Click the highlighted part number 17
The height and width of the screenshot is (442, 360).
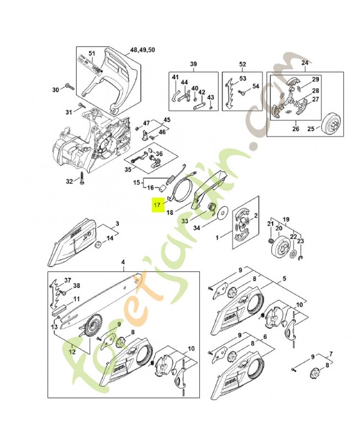(157, 204)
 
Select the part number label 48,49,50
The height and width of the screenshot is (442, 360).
(142, 50)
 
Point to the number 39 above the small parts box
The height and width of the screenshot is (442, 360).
(194, 64)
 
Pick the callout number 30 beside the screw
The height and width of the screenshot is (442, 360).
(55, 90)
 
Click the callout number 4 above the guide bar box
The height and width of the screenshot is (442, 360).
(123, 262)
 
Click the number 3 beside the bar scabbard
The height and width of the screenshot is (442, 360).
(117, 224)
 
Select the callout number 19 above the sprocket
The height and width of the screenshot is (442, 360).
(286, 219)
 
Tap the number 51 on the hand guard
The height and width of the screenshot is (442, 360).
(92, 54)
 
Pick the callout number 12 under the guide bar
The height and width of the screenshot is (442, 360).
(73, 349)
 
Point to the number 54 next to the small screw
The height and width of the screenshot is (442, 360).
(256, 87)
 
